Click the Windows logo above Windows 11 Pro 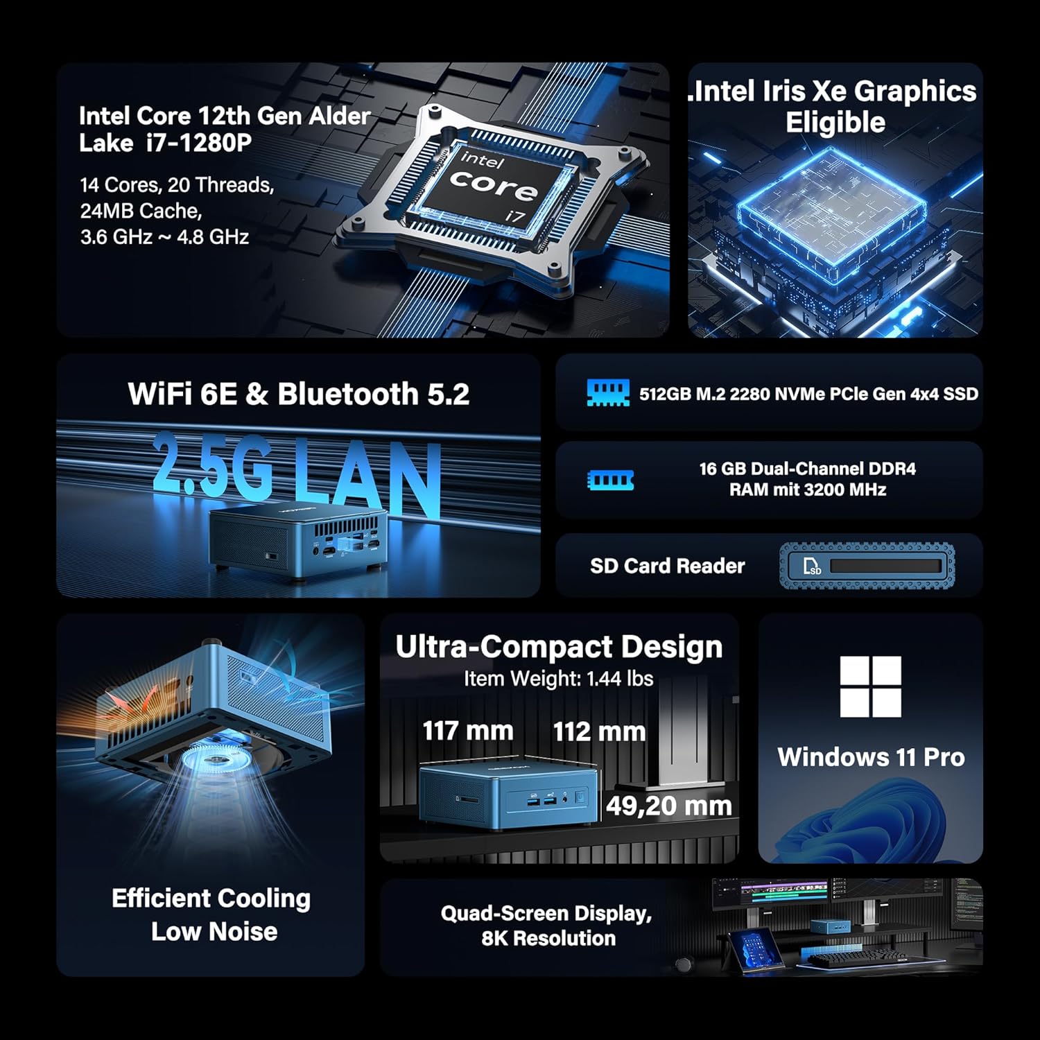tap(870, 686)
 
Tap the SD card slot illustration tap(867, 566)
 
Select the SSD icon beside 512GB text tap(608, 392)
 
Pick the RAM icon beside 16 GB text tap(610, 480)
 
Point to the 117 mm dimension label tap(468, 731)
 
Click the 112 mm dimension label tap(599, 731)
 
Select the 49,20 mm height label tap(669, 806)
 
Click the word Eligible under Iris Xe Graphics tap(835, 123)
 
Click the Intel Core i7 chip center tap(493, 184)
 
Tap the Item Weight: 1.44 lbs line tap(559, 678)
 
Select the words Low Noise tap(214, 931)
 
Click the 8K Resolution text tap(548, 938)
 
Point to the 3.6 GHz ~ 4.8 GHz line tap(164, 237)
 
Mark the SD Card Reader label tap(668, 566)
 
